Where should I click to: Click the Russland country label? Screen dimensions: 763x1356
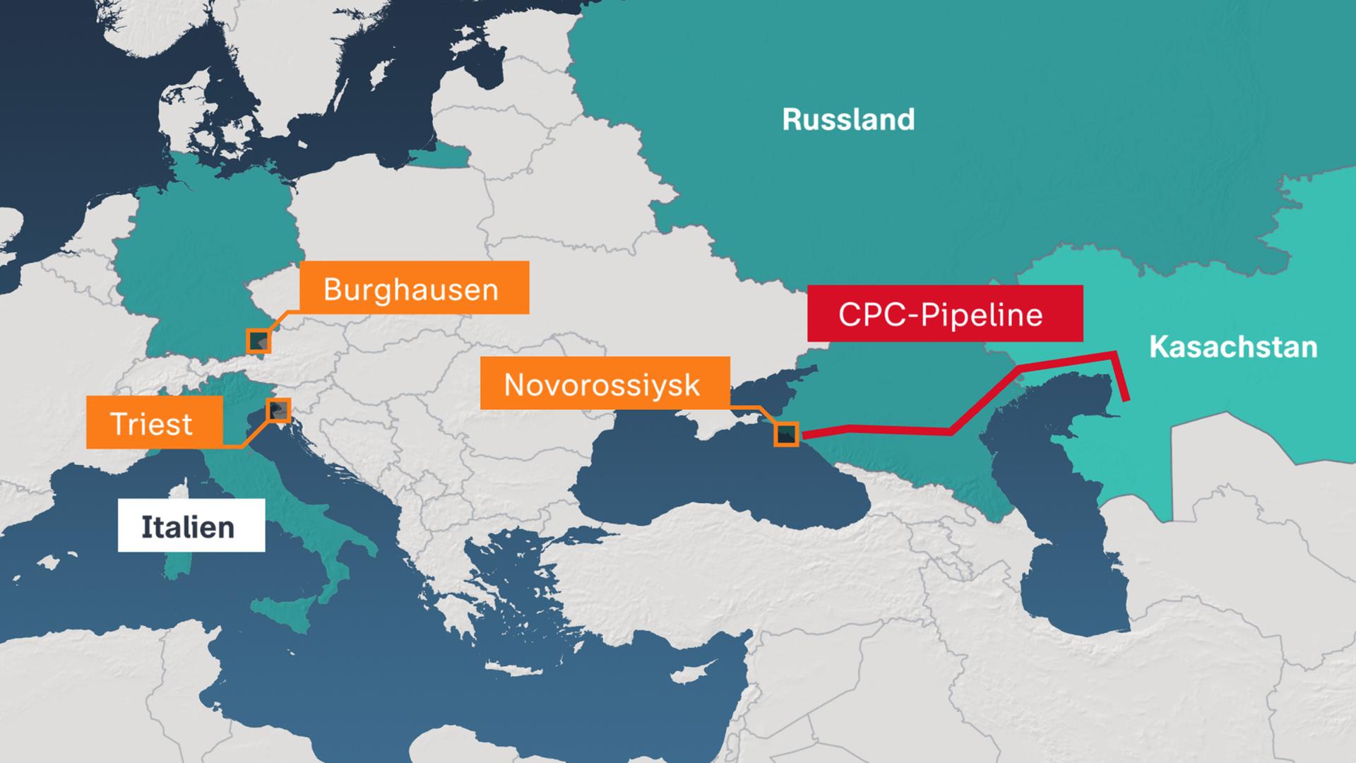tap(848, 119)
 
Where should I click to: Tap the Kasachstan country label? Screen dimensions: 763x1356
tap(1233, 348)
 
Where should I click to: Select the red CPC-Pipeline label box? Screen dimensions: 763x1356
tap(944, 314)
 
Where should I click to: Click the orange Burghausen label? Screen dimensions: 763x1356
tap(414, 288)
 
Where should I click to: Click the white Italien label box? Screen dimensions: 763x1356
tap(191, 525)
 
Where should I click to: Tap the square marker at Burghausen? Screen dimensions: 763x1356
tap(258, 341)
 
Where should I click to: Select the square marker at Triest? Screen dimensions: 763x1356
tap(278, 410)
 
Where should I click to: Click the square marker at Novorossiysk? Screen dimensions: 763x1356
tap(786, 434)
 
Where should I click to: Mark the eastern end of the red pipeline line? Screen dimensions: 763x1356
tap(1127, 400)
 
